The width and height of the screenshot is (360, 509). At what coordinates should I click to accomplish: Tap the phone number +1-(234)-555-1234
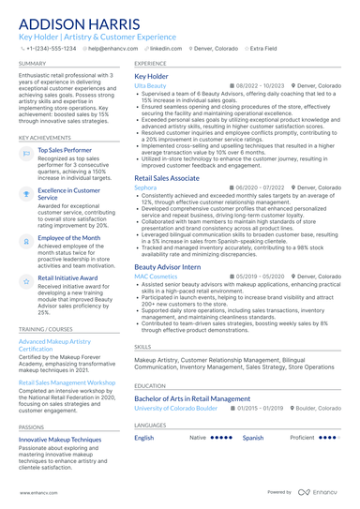point(51,48)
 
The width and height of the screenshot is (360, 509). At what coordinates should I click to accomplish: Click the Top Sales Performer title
point(65,150)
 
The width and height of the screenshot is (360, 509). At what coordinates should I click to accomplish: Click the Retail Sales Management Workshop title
point(67,383)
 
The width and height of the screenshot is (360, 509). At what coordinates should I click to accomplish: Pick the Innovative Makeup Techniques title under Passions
point(60,439)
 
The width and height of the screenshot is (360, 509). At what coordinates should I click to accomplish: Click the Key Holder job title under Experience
point(152,76)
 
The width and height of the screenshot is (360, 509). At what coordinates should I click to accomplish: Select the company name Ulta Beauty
point(151,85)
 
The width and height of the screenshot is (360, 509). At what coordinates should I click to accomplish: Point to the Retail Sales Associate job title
point(167,177)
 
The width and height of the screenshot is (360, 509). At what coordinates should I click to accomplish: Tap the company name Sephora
point(145,187)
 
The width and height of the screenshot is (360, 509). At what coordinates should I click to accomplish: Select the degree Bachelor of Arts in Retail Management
point(192,398)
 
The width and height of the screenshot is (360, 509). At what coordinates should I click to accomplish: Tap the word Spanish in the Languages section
point(253,438)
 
